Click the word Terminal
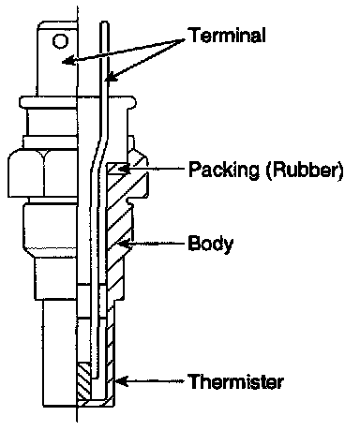(x=228, y=35)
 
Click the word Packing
(x=224, y=171)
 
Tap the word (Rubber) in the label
(x=305, y=171)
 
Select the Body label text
(x=211, y=244)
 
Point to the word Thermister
(x=236, y=381)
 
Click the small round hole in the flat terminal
(x=60, y=41)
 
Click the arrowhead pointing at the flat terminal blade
(x=68, y=61)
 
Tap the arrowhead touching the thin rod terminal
(x=112, y=78)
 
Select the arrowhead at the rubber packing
(x=124, y=169)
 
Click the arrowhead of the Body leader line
(x=123, y=244)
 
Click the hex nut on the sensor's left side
(x=43, y=173)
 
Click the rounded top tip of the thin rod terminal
(x=104, y=23)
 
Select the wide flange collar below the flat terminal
(x=78, y=102)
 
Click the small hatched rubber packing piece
(x=118, y=169)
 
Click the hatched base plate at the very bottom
(x=96, y=404)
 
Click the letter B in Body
(x=194, y=243)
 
